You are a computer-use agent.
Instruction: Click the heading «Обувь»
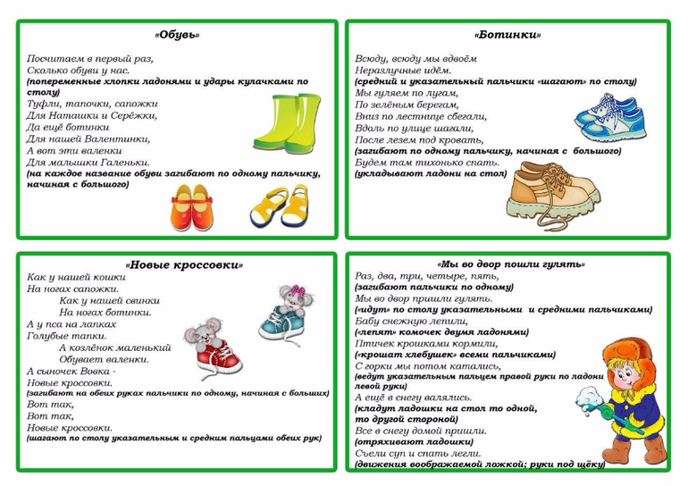tap(177, 35)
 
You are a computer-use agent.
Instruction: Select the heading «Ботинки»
tap(507, 35)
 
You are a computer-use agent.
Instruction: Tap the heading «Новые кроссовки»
tap(184, 264)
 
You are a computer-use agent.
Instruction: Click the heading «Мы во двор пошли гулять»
tap(511, 264)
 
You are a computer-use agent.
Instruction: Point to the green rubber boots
tap(286, 121)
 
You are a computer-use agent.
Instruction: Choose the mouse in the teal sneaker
tap(286, 313)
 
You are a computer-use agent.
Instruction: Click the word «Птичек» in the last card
tap(374, 344)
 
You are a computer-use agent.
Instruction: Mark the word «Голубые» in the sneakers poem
tap(48, 336)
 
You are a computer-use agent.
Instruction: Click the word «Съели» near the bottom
tap(371, 453)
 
